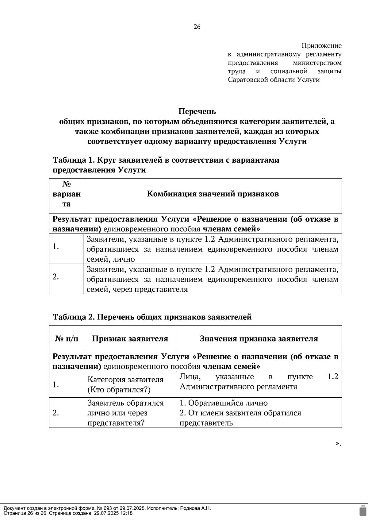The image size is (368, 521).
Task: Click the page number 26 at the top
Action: [197, 27]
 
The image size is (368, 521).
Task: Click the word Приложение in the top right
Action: [321, 46]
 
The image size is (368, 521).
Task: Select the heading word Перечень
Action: [197, 111]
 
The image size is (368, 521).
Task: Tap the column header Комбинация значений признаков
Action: [213, 194]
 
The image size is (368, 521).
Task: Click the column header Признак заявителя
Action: [130, 339]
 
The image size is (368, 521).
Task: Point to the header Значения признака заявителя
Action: [259, 339]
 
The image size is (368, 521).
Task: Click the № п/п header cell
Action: [67, 339]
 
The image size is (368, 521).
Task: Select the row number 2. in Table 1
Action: [56, 277]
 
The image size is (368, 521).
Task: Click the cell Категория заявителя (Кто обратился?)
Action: [125, 385]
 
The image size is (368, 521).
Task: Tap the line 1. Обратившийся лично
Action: [224, 403]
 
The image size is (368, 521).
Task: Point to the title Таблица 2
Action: [74, 317]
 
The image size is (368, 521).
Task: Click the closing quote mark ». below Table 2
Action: [338, 443]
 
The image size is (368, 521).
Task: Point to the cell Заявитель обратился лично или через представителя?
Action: [125, 413]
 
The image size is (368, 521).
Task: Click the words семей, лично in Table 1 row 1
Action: [111, 259]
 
